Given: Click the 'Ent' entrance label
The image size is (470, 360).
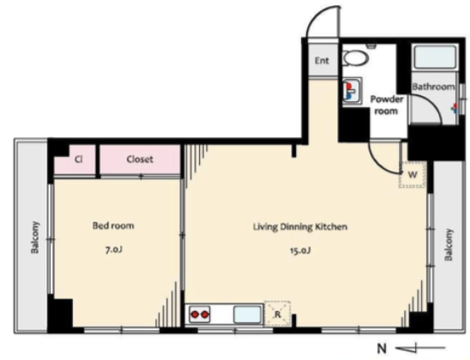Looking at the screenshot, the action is [322, 61].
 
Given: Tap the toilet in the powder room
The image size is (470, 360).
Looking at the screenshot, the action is [355, 57].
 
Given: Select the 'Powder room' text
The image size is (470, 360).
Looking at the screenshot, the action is [387, 105].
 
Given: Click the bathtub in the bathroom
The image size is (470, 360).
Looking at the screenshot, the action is [434, 57].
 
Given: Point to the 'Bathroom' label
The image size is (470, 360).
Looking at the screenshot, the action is [433, 87].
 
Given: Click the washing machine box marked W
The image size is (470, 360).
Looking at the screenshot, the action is [413, 175].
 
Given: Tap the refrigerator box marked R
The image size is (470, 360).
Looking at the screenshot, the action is [277, 314].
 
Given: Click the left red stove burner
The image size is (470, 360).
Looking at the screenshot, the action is [196, 315].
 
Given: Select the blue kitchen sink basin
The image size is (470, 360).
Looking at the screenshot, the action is [247, 315].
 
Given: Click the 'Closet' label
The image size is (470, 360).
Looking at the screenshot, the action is [140, 159].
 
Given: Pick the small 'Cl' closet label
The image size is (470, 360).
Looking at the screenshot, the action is [78, 159].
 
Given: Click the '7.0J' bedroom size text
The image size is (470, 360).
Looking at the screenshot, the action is [113, 249].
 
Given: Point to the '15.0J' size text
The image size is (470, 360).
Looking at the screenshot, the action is [299, 250].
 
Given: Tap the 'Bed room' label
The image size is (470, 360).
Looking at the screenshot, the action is [113, 225].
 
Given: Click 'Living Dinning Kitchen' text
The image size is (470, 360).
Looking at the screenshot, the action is [300, 227].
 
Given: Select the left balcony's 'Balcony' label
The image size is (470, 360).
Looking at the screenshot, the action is [35, 237].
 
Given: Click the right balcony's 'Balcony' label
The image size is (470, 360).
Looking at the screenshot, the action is [449, 244].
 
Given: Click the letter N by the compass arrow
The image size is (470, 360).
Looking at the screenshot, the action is [382, 349].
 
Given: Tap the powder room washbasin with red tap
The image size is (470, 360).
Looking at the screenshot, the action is [352, 91].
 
